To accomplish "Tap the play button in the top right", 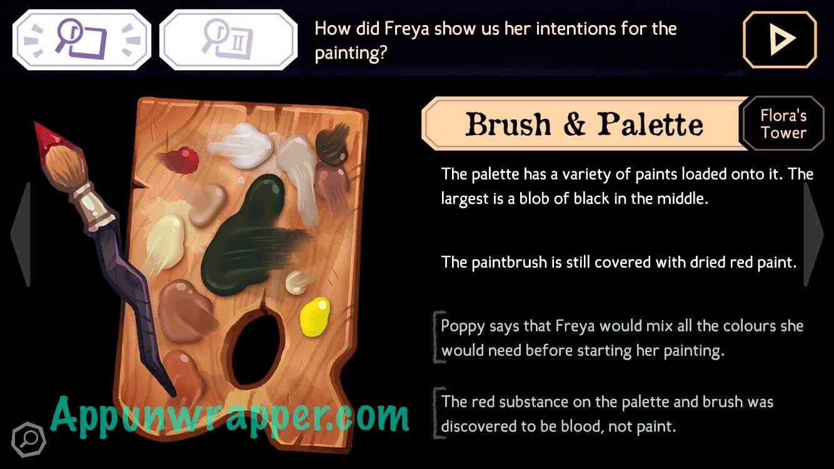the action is click(780, 39).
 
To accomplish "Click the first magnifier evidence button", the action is click(82, 39).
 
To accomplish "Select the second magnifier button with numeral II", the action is click(228, 39).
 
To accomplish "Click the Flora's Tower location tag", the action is click(783, 124).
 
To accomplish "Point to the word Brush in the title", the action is click(508, 124).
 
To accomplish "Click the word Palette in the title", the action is click(650, 124).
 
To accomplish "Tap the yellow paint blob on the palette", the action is click(315, 316).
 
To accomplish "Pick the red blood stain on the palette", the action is click(179, 159).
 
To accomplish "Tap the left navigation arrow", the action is click(22, 234).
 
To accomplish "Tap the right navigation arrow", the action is click(813, 234).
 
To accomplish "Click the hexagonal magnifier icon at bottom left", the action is click(29, 440).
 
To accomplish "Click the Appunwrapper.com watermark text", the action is click(230, 417).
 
